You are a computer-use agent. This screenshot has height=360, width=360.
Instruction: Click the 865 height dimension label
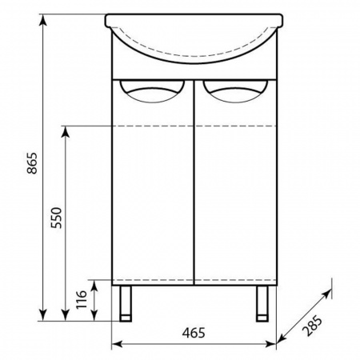33,163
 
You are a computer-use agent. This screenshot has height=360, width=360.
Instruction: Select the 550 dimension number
57,218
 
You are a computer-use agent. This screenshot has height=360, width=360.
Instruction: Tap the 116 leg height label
82,299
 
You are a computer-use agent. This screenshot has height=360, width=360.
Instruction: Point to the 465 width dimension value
194,333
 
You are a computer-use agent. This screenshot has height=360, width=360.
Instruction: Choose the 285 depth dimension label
312,326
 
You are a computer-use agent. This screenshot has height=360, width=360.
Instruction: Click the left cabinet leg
126,303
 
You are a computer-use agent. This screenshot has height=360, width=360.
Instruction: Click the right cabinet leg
262,303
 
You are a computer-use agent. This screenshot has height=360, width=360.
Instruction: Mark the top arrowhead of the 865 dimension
43,19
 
